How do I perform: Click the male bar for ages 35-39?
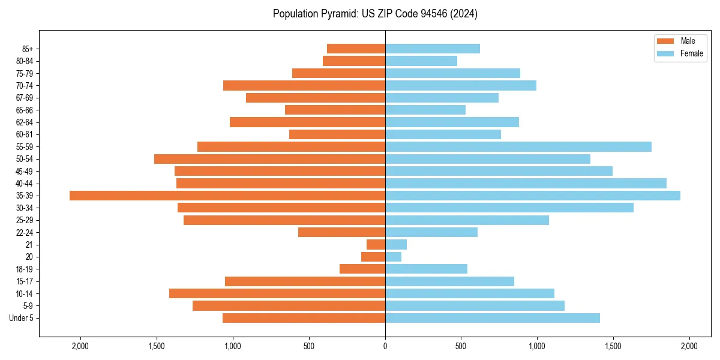click(x=227, y=196)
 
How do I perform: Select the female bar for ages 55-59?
click(x=518, y=146)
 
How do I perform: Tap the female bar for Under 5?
click(x=493, y=318)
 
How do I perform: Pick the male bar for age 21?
click(x=376, y=244)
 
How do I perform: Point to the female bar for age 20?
click(x=394, y=257)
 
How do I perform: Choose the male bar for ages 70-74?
click(x=304, y=85)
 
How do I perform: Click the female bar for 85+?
click(x=433, y=49)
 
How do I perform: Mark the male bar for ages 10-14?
click(x=277, y=293)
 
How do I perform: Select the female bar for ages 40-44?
click(x=526, y=183)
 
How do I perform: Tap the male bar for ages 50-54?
click(x=269, y=159)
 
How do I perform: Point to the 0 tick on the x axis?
click(x=385, y=346)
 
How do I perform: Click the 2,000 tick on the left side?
click(x=80, y=346)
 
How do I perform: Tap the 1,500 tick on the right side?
click(x=613, y=346)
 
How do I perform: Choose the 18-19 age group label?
click(x=25, y=269)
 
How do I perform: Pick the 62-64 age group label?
click(x=25, y=122)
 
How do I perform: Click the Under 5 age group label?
click(x=22, y=318)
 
